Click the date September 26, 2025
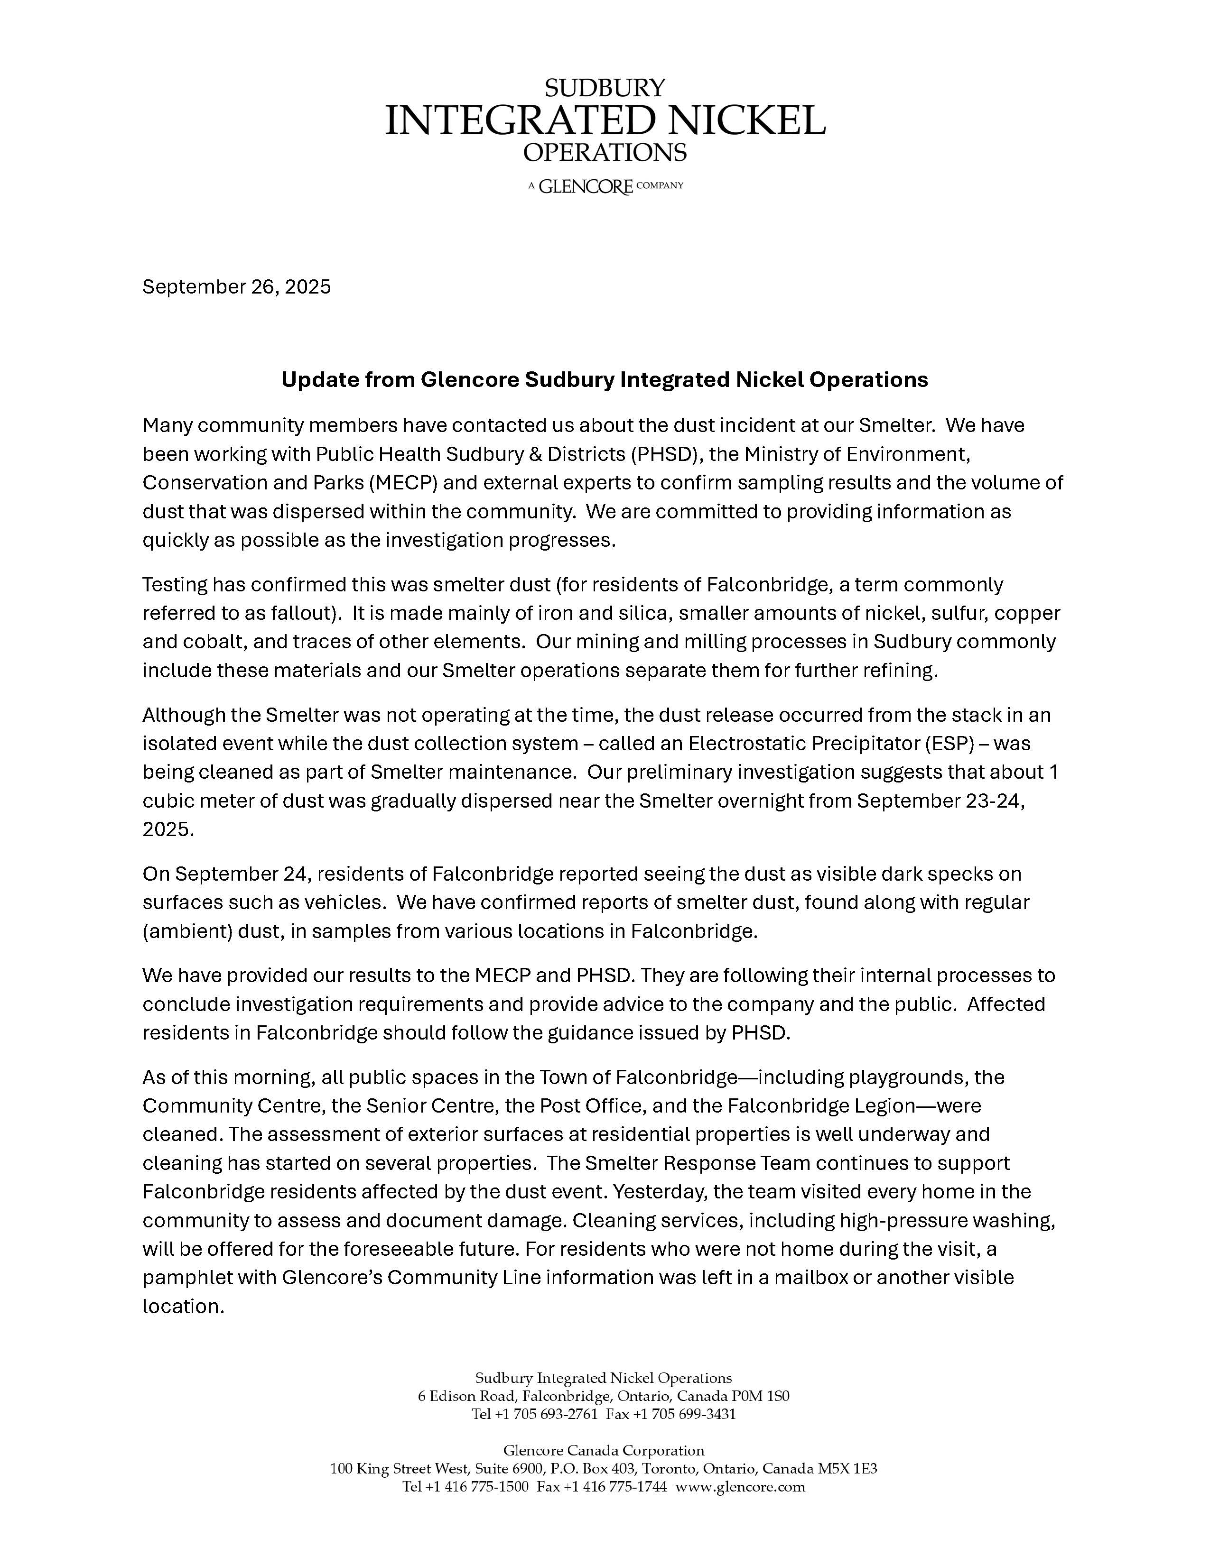[237, 287]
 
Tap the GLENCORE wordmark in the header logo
[586, 187]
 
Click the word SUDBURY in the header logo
[605, 88]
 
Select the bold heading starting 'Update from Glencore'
[604, 380]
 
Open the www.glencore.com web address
[741, 1487]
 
